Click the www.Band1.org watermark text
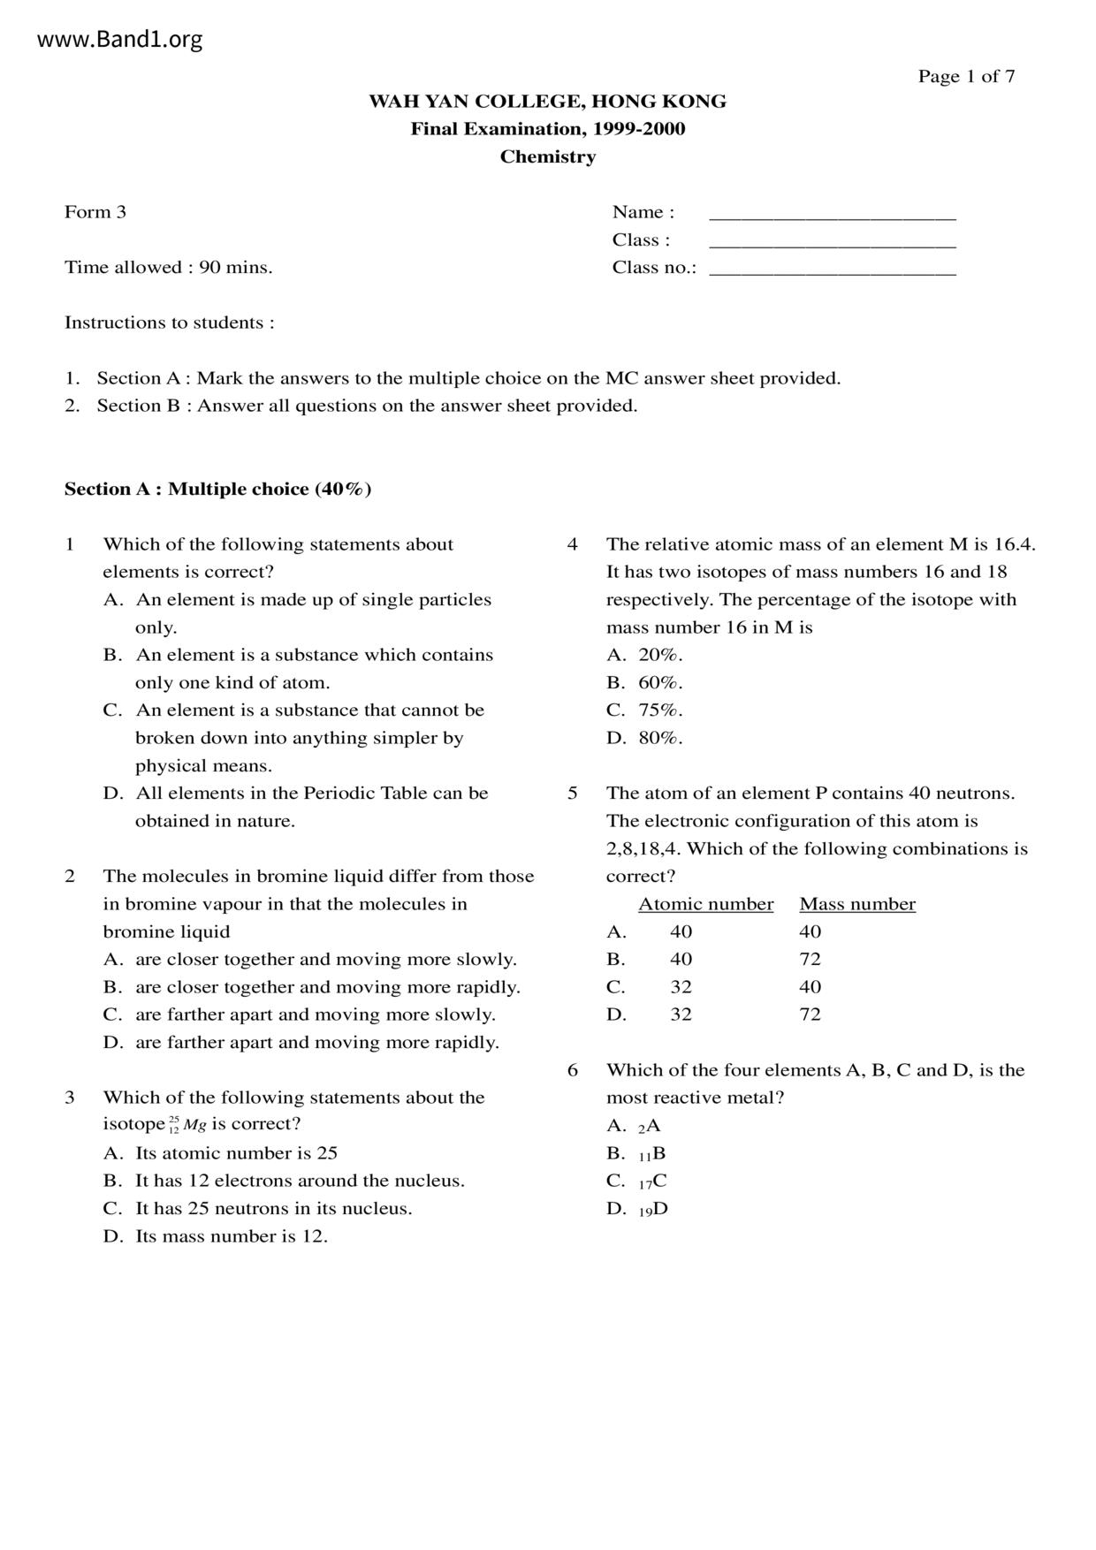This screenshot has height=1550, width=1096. click(x=120, y=40)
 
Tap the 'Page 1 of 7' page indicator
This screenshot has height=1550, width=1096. click(x=966, y=77)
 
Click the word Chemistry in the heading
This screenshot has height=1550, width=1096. click(x=548, y=157)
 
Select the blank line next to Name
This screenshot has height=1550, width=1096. click(x=833, y=215)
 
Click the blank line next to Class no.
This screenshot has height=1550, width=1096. click(x=833, y=270)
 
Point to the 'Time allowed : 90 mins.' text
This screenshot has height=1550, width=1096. click(x=168, y=268)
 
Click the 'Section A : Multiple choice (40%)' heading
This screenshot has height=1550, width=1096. click(x=217, y=490)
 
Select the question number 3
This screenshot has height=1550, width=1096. click(x=70, y=1098)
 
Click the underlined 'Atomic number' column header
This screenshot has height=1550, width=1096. click(x=705, y=904)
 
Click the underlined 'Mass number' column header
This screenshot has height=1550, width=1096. click(x=857, y=904)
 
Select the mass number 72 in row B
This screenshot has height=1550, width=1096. click(x=810, y=960)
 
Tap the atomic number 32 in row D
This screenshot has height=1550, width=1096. click(x=681, y=1014)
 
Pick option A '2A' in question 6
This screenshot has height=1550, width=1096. click(x=649, y=1126)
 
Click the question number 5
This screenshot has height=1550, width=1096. click(x=573, y=794)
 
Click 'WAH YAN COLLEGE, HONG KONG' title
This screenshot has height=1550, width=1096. click(x=548, y=102)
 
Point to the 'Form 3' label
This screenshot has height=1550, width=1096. click(x=95, y=212)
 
